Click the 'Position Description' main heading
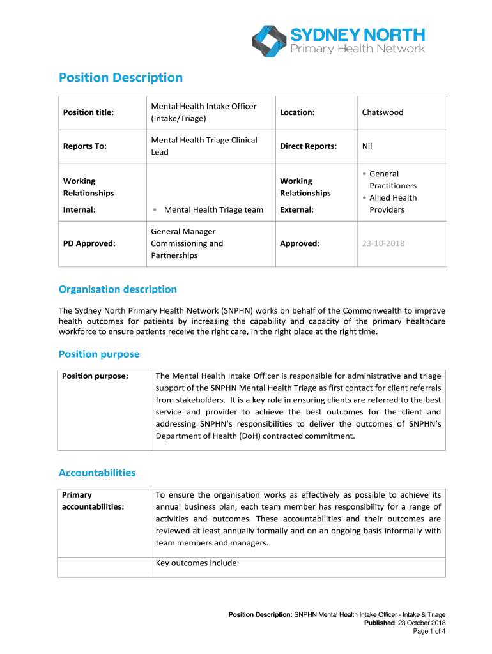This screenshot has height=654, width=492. (121, 78)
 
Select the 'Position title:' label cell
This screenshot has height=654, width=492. (88, 112)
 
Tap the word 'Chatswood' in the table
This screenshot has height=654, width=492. (383, 112)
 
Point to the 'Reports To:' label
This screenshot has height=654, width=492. (84, 146)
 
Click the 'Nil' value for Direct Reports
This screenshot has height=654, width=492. (367, 146)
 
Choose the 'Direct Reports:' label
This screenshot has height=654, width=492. (308, 146)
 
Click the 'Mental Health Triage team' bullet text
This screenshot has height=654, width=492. (213, 209)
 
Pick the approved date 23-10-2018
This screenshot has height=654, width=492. (383, 243)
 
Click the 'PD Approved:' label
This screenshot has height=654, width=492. (89, 243)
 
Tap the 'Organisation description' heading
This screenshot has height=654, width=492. (118, 289)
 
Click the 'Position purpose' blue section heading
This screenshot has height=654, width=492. (99, 354)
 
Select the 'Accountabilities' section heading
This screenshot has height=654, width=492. (97, 473)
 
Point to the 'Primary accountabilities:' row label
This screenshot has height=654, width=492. (93, 501)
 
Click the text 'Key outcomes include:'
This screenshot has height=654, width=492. (197, 563)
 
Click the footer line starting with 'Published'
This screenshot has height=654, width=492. (404, 623)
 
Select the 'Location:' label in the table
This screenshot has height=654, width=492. (297, 112)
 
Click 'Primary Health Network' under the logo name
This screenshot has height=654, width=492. (358, 49)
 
